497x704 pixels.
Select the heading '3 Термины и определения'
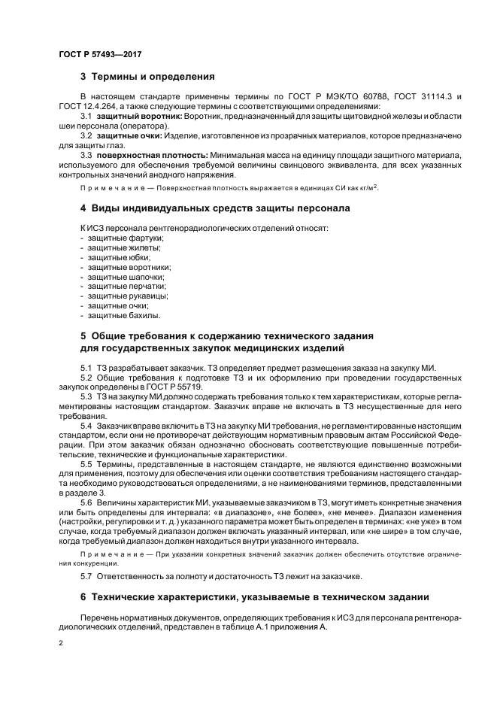pyautogui.click(x=147, y=77)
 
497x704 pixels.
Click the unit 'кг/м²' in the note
pyautogui.click(x=368, y=187)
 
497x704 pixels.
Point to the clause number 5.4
pyautogui.click(x=86, y=425)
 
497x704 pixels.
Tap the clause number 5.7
pyautogui.click(x=86, y=576)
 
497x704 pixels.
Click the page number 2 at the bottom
pyautogui.click(x=61, y=645)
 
